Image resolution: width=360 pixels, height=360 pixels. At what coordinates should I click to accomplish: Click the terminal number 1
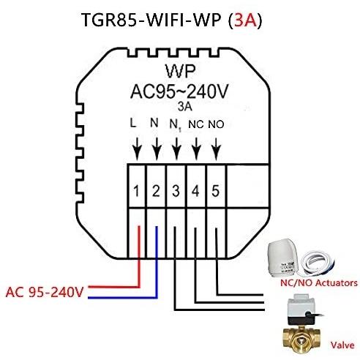click(x=136, y=191)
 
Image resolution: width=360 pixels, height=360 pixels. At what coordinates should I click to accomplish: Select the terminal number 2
click(x=156, y=191)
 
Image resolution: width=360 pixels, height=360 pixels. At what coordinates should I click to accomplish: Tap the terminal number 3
click(x=176, y=191)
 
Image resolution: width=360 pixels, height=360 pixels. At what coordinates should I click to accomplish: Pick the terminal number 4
click(x=195, y=191)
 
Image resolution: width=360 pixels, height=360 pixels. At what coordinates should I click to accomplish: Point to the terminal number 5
click(x=215, y=191)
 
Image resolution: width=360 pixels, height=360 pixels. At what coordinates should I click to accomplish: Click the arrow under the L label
click(x=137, y=149)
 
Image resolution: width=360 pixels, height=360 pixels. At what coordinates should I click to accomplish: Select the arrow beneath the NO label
click(x=216, y=149)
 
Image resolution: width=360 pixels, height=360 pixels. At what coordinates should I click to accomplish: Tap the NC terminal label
click(x=196, y=124)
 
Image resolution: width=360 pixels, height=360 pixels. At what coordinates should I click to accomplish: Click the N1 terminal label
click(x=176, y=126)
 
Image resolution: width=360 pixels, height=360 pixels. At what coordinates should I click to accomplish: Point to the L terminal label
click(x=133, y=123)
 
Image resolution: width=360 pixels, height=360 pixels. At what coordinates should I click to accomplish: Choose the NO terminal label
click(x=216, y=124)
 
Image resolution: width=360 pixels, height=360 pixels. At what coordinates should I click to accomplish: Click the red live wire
click(x=139, y=286)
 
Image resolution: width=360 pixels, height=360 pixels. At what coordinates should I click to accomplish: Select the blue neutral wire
click(x=157, y=297)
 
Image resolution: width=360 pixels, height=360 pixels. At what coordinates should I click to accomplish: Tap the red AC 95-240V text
click(x=45, y=292)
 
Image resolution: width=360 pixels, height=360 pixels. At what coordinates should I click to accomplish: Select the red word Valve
click(x=342, y=345)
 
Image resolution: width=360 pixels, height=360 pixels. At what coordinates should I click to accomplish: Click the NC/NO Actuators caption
click(x=319, y=283)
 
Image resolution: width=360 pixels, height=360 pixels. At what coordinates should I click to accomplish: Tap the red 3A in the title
click(x=246, y=20)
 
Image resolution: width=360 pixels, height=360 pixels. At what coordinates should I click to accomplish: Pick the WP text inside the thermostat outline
click(x=181, y=71)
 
